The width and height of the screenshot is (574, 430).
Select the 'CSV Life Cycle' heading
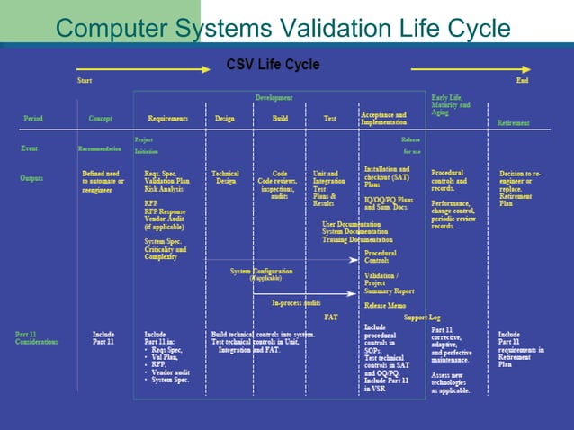click(272, 65)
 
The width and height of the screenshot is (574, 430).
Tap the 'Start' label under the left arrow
click(84, 81)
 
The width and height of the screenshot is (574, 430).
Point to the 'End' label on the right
click(522, 81)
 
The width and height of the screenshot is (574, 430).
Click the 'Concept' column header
click(101, 119)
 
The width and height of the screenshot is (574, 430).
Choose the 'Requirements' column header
click(167, 119)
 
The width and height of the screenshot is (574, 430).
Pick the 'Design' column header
click(225, 119)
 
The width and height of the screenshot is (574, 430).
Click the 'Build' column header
click(281, 119)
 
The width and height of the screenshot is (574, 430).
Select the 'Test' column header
click(330, 119)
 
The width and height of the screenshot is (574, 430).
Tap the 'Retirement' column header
click(513, 123)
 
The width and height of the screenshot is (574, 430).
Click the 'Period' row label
click(33, 119)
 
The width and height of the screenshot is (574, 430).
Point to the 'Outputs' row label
click(32, 178)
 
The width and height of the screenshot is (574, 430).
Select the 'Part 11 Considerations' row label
click(36, 338)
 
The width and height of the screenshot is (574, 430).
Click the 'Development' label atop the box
click(274, 97)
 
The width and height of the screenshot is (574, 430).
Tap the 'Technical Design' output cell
click(225, 177)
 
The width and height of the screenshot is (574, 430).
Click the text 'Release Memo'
click(385, 305)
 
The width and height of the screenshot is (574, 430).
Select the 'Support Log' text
click(422, 317)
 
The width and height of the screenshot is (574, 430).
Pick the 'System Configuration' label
click(260, 271)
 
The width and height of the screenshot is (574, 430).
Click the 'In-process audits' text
click(297, 303)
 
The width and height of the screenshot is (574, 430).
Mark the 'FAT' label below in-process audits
click(331, 317)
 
